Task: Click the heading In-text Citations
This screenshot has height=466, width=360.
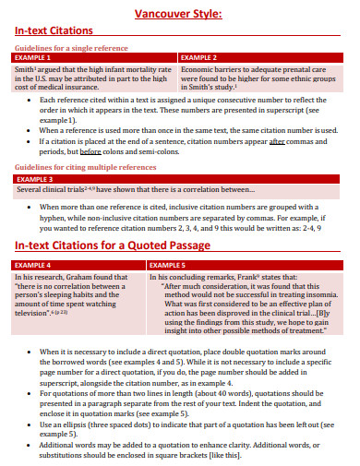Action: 57,31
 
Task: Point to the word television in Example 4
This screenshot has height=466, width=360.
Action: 36,312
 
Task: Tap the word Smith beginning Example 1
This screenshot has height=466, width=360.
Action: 25,69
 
